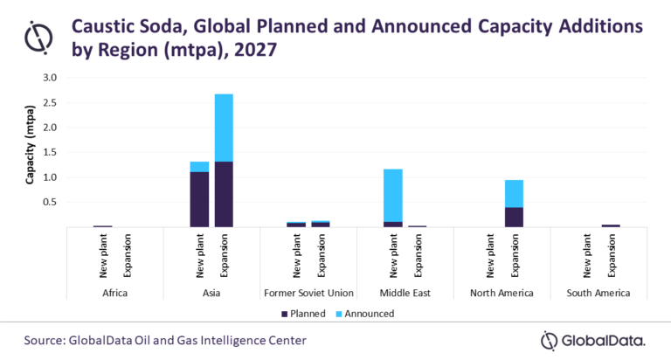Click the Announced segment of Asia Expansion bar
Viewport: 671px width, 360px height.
click(x=224, y=128)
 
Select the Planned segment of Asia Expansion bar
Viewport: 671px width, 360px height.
click(x=224, y=194)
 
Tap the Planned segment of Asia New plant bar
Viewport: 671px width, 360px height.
click(x=199, y=199)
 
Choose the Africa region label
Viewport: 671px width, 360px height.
click(x=114, y=293)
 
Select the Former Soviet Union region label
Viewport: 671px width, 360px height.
click(x=308, y=293)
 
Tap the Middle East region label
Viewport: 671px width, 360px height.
click(x=405, y=293)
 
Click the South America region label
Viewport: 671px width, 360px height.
click(x=598, y=293)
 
